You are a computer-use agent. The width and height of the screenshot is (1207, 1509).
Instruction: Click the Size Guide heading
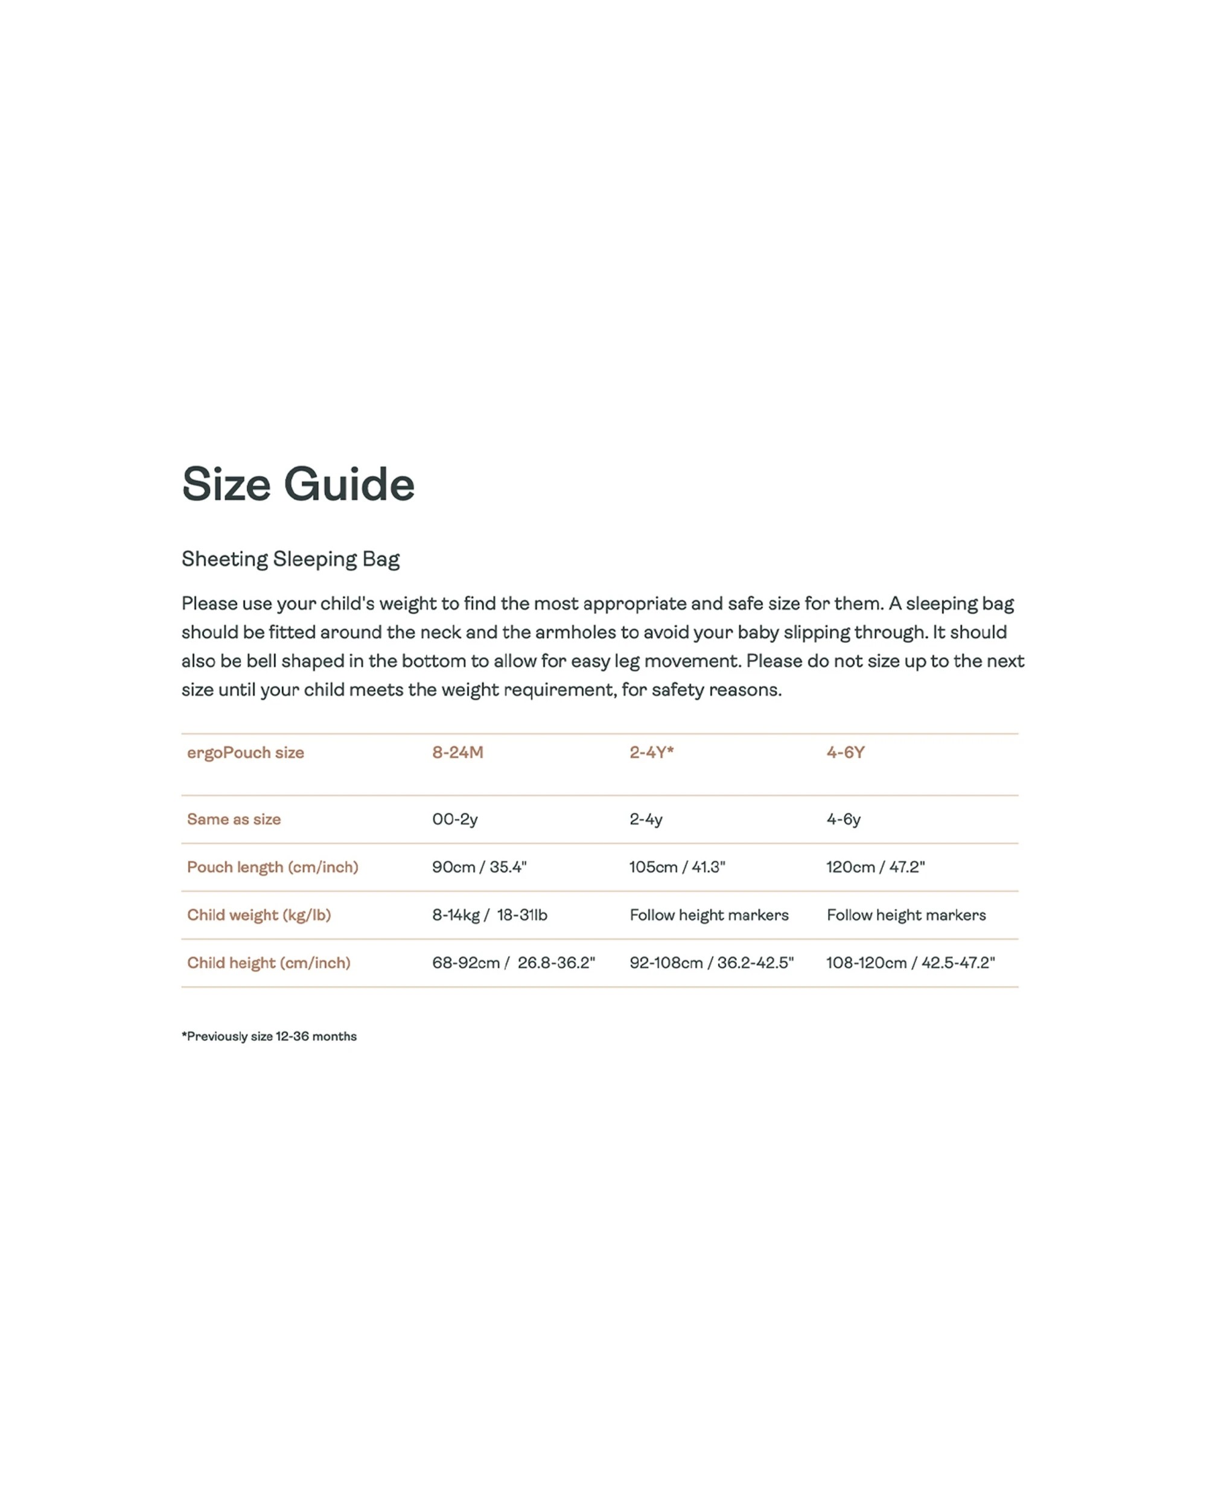[x=298, y=484]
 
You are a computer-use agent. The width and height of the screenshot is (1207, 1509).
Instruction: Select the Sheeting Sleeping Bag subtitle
[x=290, y=559]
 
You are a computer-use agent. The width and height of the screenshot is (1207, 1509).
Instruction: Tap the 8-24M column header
[x=457, y=753]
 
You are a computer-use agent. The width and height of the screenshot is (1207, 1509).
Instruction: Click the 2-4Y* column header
[x=651, y=753]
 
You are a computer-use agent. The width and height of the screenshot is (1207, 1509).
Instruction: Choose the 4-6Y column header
[x=846, y=753]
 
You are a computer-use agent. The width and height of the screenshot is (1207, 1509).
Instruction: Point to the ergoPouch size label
[x=246, y=753]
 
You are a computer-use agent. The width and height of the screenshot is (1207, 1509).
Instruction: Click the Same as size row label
[x=234, y=819]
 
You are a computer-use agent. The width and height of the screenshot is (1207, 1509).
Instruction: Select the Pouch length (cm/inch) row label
[x=272, y=867]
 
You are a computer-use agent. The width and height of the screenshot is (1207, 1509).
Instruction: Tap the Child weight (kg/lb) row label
[x=259, y=915]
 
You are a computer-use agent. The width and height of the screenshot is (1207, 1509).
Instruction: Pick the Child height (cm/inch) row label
[x=269, y=963]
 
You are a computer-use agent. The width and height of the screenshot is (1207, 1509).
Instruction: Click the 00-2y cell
[x=455, y=819]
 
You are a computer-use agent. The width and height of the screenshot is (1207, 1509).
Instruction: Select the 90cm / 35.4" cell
[x=479, y=867]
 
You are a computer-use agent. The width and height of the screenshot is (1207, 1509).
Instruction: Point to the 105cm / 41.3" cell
[x=677, y=867]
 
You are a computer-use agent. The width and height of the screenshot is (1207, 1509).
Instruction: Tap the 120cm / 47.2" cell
[x=875, y=867]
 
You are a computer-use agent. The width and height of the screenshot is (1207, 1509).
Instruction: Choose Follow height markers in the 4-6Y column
[x=906, y=915]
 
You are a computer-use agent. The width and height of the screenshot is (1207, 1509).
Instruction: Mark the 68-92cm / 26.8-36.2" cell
[x=514, y=963]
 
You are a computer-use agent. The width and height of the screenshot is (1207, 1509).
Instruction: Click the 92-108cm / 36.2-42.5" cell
[x=712, y=963]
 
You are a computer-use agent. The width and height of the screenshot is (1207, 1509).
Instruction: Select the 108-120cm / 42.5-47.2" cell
[x=910, y=963]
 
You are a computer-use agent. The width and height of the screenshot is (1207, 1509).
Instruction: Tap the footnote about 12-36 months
[x=269, y=1036]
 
